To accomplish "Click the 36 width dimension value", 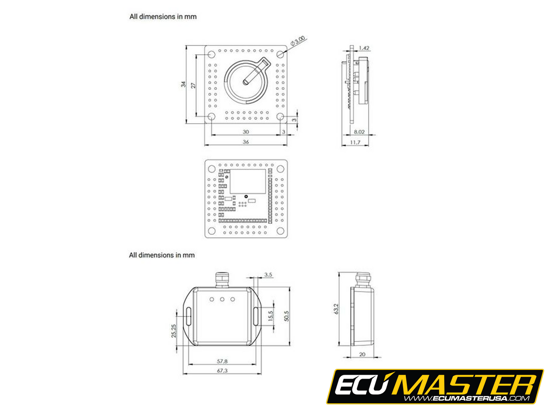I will pyautogui.click(x=246, y=142).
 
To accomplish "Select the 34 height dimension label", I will pyautogui.click(x=183, y=84).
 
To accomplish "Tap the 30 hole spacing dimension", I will pyautogui.click(x=246, y=132).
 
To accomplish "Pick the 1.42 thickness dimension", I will pyautogui.click(x=364, y=48).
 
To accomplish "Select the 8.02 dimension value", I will pyautogui.click(x=359, y=132).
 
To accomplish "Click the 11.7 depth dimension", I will pyautogui.click(x=355, y=142).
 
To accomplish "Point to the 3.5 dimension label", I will pyautogui.click(x=268, y=275).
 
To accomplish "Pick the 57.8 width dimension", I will pyautogui.click(x=222, y=360).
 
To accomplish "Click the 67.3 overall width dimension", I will pyautogui.click(x=222, y=371).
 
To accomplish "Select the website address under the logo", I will pyautogui.click(x=466, y=398).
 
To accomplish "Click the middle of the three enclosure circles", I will pyautogui.click(x=222, y=299).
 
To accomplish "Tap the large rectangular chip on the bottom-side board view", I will pyautogui.click(x=248, y=181).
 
